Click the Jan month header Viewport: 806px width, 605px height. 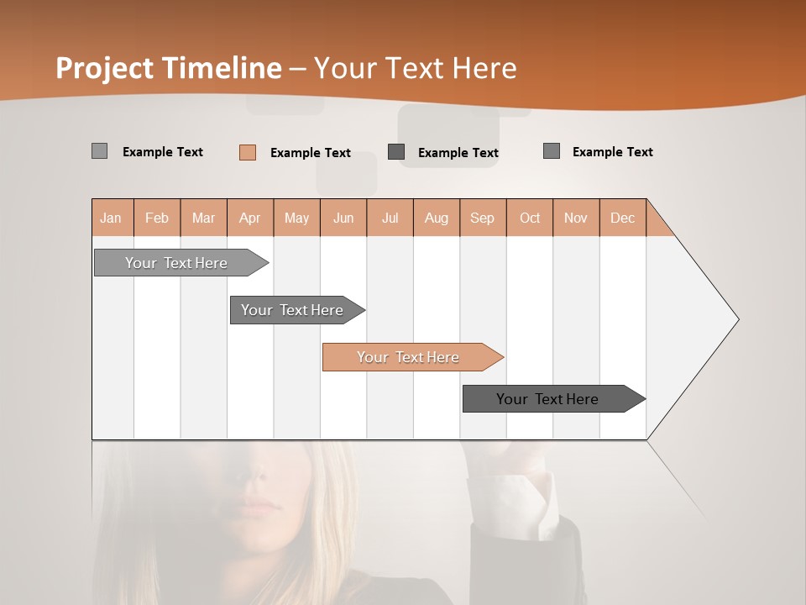click(112, 218)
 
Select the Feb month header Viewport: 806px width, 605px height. click(157, 218)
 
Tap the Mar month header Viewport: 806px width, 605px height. click(203, 218)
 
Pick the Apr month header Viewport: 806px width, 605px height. click(250, 218)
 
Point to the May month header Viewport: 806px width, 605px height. click(296, 218)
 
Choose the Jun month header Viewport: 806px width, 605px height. click(343, 218)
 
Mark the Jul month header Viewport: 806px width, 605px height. click(390, 218)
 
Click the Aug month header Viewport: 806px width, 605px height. click(437, 218)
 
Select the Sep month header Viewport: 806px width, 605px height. click(483, 218)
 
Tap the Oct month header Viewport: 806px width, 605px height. click(530, 218)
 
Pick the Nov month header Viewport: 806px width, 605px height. click(576, 218)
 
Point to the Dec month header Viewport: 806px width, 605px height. click(623, 218)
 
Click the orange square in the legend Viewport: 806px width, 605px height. click(248, 152)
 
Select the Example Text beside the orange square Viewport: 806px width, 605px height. click(311, 153)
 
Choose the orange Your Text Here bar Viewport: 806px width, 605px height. click(409, 357)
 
